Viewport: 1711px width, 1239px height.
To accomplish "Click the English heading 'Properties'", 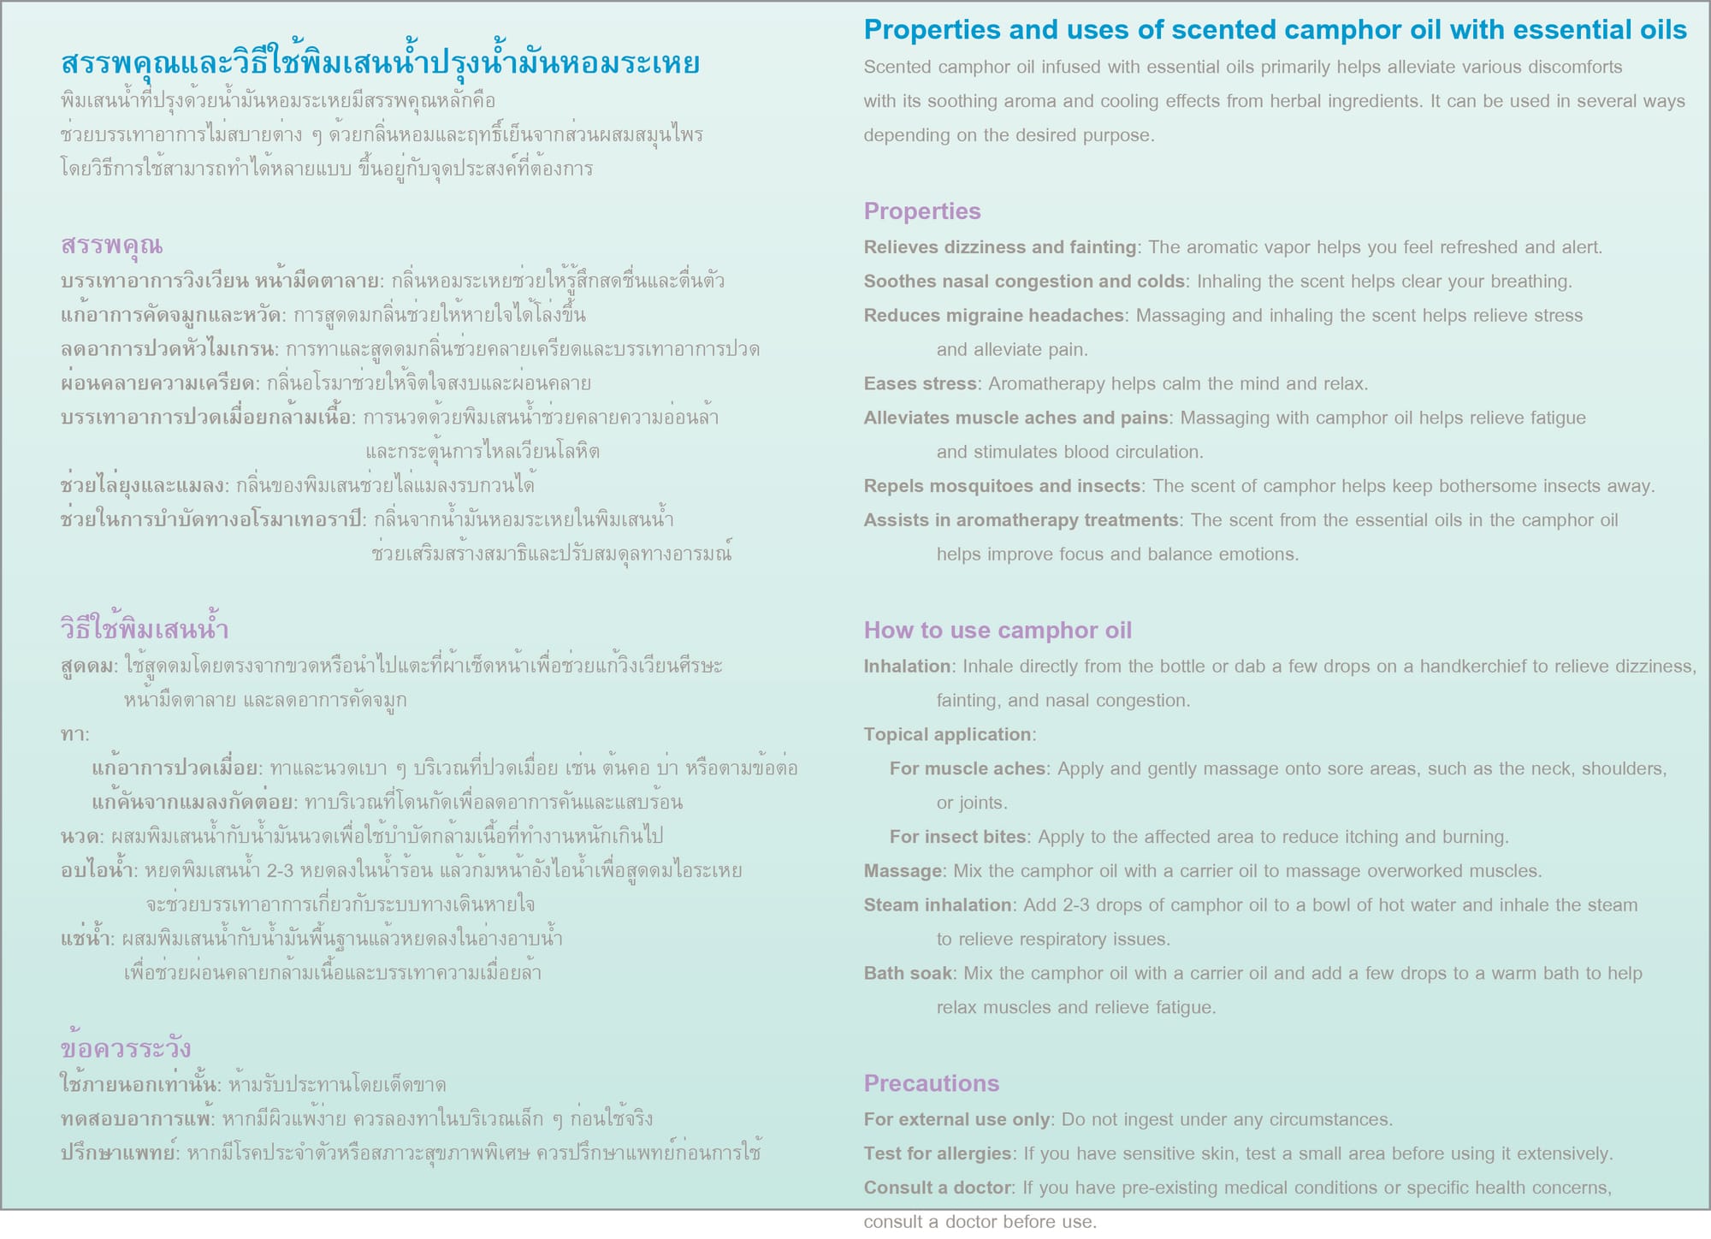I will point(922,211).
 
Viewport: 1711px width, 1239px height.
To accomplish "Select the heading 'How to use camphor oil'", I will point(998,631).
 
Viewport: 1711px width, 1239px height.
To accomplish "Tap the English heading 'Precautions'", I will point(932,1083).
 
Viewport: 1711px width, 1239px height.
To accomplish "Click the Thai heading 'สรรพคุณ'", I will point(111,246).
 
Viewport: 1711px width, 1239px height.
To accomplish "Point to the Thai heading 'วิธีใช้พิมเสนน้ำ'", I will point(145,630).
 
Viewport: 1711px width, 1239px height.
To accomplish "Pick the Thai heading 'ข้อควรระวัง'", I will point(126,1049).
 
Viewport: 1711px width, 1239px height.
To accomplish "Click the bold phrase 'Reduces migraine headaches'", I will point(993,316).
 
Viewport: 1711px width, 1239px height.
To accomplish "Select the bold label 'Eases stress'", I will point(920,384).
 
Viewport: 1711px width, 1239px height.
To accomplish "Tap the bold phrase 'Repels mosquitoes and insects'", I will point(1002,486).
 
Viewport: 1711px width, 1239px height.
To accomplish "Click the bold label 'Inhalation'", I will point(907,667).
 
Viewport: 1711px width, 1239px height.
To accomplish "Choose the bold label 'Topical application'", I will point(948,735).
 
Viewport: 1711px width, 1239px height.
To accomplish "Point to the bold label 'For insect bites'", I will point(957,837).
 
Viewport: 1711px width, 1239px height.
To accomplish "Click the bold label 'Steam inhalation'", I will point(938,905).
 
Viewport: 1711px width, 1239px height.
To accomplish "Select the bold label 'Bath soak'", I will point(908,974).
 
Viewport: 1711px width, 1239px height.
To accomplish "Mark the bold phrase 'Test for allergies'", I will point(937,1153).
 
